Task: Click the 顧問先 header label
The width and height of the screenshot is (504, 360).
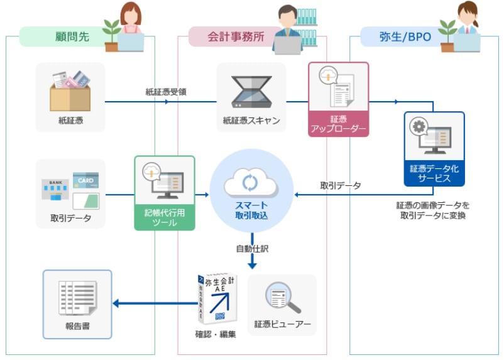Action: pyautogui.click(x=70, y=36)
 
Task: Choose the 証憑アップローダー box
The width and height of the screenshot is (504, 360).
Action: pyautogui.click(x=337, y=99)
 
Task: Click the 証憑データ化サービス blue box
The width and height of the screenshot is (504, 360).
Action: pyautogui.click(x=434, y=149)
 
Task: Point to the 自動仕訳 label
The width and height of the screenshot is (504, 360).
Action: pyautogui.click(x=252, y=248)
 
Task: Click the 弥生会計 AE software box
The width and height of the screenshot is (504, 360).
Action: pyautogui.click(x=217, y=299)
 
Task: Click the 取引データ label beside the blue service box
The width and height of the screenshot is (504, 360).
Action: pyautogui.click(x=341, y=185)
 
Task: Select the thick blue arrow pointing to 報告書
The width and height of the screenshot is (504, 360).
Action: pyautogui.click(x=154, y=304)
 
